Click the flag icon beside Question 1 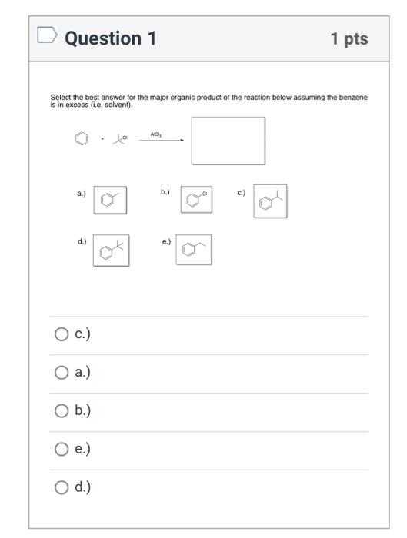pos(47,35)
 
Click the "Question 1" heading pos(110,38)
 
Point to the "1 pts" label pos(349,38)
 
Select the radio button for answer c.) pos(62,334)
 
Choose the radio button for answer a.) pos(62,372)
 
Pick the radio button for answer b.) pos(62,410)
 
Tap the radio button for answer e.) pos(62,449)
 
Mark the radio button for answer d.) pos(62,487)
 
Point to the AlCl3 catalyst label pos(155,134)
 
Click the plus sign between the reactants pos(102,138)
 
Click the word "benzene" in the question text pos(353,98)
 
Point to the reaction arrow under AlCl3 pos(162,140)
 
